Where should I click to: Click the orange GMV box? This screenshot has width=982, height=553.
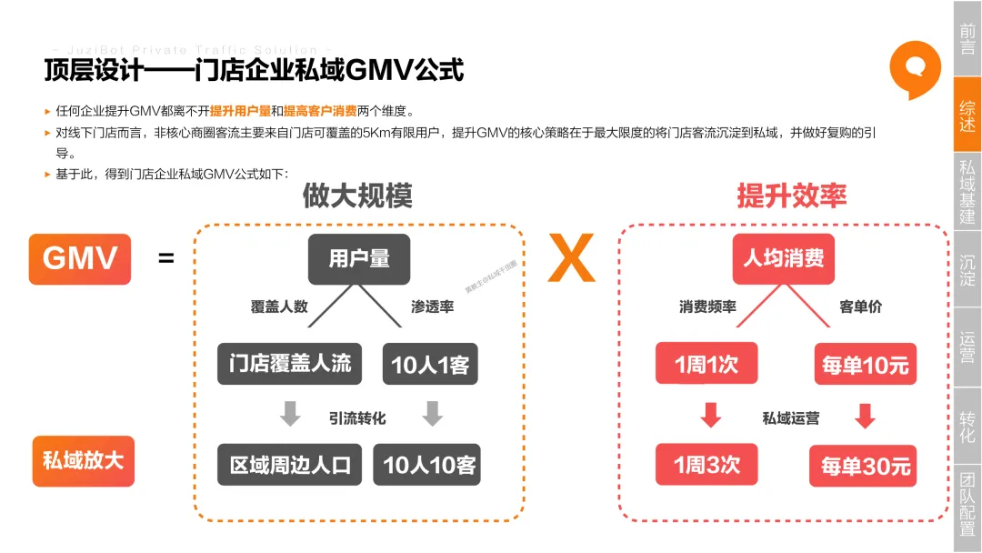coord(80,258)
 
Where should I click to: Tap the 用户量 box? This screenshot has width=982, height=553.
coord(359,258)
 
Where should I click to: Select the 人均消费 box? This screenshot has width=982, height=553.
coord(783,258)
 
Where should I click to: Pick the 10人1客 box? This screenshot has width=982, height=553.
coord(430,364)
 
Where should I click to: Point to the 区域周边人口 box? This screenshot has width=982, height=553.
coord(290,465)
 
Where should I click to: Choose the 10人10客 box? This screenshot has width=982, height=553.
coord(430,465)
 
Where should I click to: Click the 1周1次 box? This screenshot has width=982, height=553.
coord(706,364)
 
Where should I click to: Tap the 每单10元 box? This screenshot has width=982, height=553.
coord(865,365)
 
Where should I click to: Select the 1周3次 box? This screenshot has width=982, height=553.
coord(706,465)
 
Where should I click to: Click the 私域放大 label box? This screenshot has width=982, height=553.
coord(82,458)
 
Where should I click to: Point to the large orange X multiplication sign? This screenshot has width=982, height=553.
coord(571,259)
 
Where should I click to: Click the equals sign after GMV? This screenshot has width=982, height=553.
coord(166,259)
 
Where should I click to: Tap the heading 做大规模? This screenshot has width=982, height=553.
coord(357,196)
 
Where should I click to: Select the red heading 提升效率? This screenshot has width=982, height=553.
coord(791,196)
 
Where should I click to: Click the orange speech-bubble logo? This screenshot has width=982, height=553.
coord(915,71)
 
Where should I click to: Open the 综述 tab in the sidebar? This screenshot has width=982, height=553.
coord(967,116)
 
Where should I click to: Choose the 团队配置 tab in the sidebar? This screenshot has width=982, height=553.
coord(967,503)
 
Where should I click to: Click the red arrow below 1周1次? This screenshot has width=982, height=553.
coord(711,415)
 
